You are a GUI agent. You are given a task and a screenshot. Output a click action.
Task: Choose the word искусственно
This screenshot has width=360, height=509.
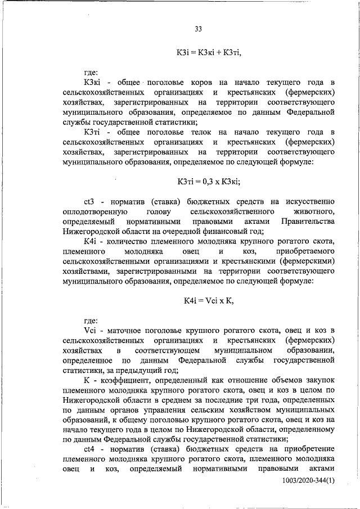[x=310, y=201]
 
